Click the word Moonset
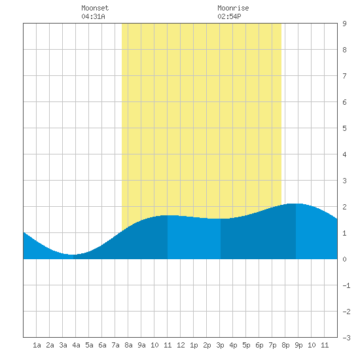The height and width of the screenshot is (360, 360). pyautogui.click(x=95, y=8)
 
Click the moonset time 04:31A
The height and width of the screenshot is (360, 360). pyautogui.click(x=93, y=16)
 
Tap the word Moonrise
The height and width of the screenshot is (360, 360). pyautogui.click(x=233, y=8)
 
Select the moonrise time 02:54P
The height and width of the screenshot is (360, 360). pyautogui.click(x=229, y=16)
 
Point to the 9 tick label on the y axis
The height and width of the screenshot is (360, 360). pyautogui.click(x=344, y=24)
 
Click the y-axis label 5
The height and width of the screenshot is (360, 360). pyautogui.click(x=344, y=128)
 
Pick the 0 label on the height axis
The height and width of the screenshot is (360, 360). pyautogui.click(x=344, y=259)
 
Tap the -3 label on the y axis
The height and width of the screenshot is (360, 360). pyautogui.click(x=346, y=338)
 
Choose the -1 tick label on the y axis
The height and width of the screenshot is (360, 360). pyautogui.click(x=346, y=285)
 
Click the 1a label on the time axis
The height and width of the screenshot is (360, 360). pyautogui.click(x=37, y=345)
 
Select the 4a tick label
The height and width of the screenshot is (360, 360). pyautogui.click(x=76, y=345)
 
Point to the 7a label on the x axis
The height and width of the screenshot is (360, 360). pyautogui.click(x=115, y=345)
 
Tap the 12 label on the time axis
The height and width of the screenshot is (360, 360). pyautogui.click(x=181, y=345)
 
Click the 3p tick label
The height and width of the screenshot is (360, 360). pyautogui.click(x=220, y=345)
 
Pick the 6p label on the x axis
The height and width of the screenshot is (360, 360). pyautogui.click(x=259, y=345)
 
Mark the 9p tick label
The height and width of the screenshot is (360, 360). pyautogui.click(x=298, y=345)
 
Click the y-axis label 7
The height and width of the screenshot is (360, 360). pyautogui.click(x=344, y=76)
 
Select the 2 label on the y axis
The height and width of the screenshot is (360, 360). pyautogui.click(x=344, y=207)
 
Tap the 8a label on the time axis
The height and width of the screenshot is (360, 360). pyautogui.click(x=128, y=345)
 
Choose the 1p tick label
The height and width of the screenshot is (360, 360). pyautogui.click(x=194, y=345)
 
